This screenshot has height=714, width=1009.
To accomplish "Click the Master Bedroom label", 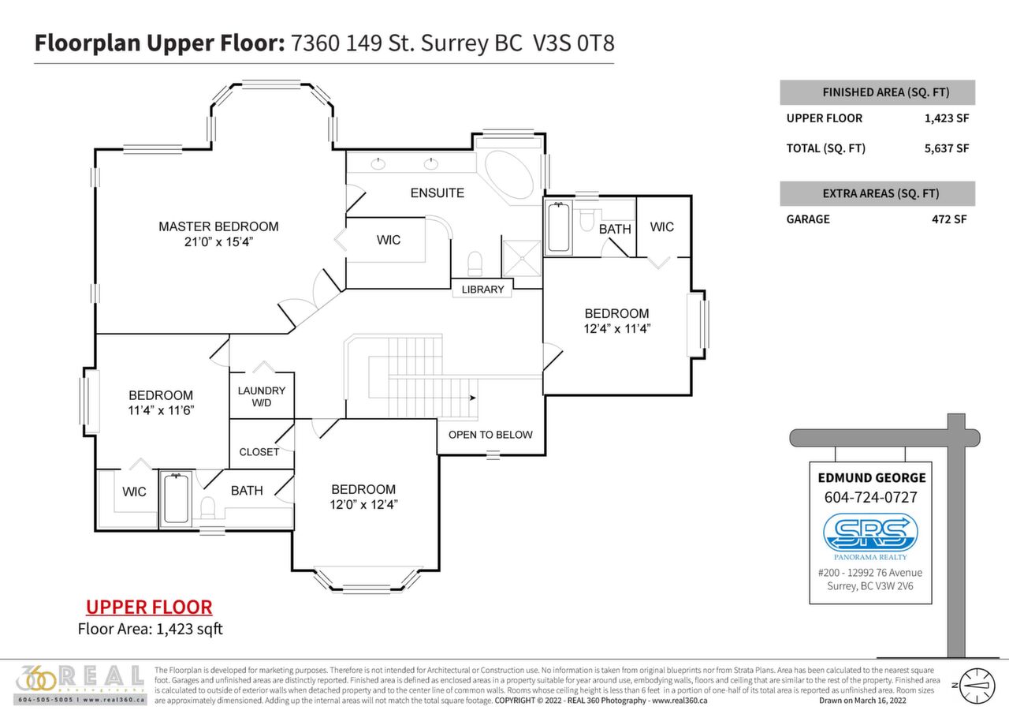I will [218, 226].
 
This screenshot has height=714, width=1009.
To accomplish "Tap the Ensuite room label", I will [437, 193].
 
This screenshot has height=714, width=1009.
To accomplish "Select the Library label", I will [482, 290].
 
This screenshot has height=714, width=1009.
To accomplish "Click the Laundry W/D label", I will [261, 397].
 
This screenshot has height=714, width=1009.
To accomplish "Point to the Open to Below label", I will [490, 435].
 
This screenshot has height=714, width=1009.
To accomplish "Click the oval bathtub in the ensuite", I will [508, 175].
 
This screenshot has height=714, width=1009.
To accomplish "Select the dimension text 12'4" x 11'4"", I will [616, 327].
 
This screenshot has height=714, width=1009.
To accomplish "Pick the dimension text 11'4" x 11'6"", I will [161, 410].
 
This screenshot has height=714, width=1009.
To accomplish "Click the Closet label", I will [259, 452].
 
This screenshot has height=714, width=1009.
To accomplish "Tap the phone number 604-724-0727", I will [870, 497].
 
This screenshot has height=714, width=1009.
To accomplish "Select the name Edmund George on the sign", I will [870, 477].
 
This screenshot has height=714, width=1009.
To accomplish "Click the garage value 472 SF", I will [950, 219].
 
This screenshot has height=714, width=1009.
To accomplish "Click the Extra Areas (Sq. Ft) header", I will [877, 193].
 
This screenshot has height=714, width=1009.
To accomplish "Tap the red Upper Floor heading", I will [149, 607].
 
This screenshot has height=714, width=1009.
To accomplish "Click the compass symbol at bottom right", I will [977, 685].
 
